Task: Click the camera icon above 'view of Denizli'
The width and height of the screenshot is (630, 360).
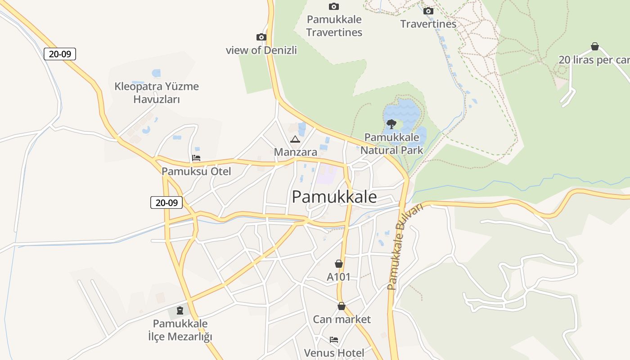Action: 261,37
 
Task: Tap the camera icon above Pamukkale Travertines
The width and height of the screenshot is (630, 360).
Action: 333,6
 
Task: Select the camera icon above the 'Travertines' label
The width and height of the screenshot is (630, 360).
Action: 428,11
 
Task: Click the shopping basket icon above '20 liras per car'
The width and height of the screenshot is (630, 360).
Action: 594,46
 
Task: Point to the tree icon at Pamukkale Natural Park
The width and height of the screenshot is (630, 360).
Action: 391,124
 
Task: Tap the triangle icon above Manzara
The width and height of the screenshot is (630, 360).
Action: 295,139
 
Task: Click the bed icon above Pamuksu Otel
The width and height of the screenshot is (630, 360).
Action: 196,158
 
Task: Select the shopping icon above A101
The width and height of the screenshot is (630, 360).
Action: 338,264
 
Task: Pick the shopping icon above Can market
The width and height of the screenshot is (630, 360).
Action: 342,306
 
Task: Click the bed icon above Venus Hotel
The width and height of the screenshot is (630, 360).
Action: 333,340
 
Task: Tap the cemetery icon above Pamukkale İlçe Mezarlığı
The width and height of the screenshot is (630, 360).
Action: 180,310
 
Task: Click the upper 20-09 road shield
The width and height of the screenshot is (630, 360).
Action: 60,54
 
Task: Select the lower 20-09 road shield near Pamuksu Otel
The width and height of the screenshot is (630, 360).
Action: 166,202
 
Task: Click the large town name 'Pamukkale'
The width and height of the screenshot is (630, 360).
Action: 334,197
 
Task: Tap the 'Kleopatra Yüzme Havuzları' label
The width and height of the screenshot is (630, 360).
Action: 157,93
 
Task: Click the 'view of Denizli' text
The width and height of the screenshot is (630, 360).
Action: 261,50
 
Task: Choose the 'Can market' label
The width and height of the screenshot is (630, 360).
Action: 342,319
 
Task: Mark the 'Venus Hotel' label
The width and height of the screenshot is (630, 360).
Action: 334,353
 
